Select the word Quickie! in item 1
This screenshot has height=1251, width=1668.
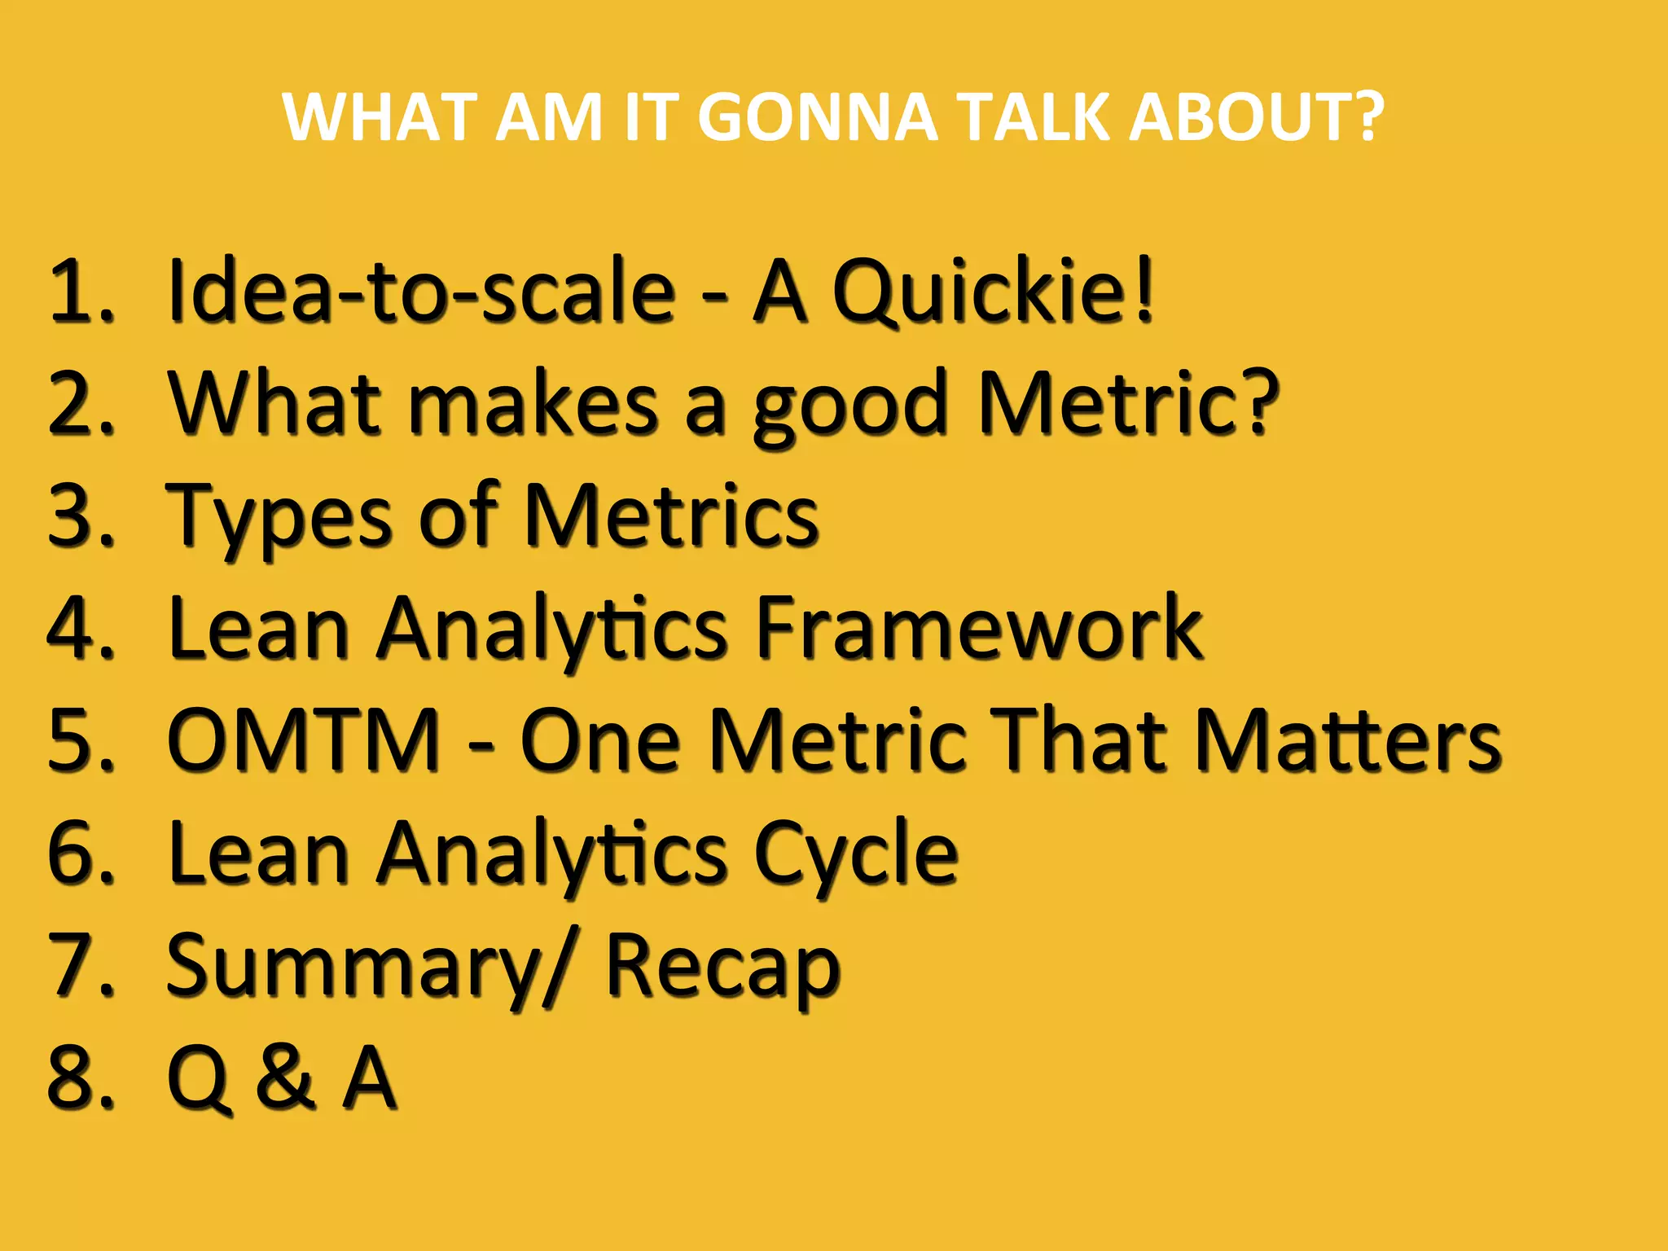pyautogui.click(x=993, y=291)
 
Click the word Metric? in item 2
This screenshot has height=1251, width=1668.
pyautogui.click(x=1128, y=403)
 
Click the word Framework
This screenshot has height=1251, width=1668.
pyautogui.click(x=978, y=628)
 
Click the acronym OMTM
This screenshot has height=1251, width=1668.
pyautogui.click(x=304, y=740)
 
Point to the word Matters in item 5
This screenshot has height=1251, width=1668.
pyautogui.click(x=1347, y=740)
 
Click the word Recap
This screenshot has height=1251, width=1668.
pyautogui.click(x=722, y=967)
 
